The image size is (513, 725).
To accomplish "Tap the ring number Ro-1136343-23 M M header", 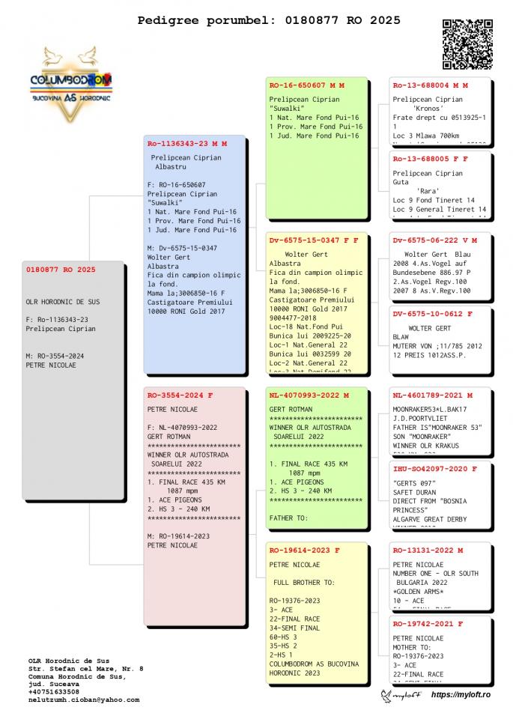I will tap(186, 143).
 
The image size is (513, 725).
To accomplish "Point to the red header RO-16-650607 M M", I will tap(306, 85).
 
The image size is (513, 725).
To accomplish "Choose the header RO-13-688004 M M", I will tap(430, 85).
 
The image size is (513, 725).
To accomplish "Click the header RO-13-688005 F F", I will tap(430, 159).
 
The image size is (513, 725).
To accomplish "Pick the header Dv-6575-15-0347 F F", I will tap(313, 240).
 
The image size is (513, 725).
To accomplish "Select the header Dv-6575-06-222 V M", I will tap(434, 240).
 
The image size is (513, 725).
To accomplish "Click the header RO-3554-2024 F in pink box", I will tap(180, 395).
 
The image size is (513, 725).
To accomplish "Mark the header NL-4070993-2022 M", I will tap(309, 395).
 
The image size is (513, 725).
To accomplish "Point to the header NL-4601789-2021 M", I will tap(432, 395).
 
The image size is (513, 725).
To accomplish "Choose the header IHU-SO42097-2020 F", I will tap(434, 469).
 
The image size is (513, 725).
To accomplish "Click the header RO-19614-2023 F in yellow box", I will tap(304, 550).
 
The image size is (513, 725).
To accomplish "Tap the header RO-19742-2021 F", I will tap(428, 623).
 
